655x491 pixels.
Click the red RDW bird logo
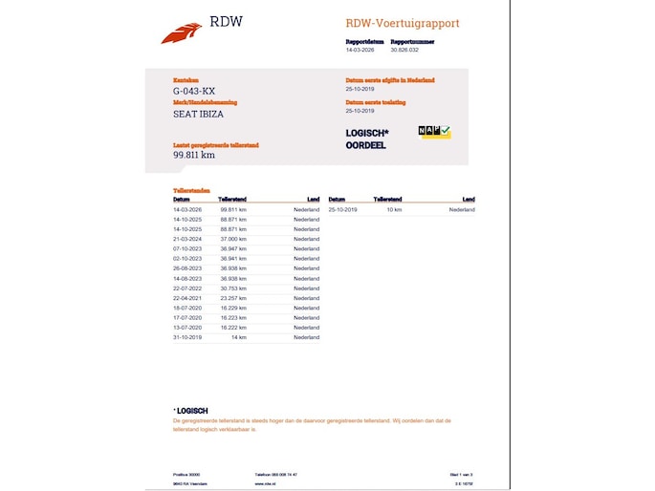(x=181, y=33)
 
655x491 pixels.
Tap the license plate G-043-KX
(x=194, y=91)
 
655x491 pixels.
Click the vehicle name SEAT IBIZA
(x=200, y=114)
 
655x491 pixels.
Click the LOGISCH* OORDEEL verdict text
(x=367, y=139)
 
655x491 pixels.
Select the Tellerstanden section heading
(x=190, y=191)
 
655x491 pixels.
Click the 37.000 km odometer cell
(x=233, y=239)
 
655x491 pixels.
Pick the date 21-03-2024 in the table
(x=187, y=239)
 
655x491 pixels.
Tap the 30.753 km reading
(x=233, y=288)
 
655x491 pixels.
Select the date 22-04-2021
(x=187, y=298)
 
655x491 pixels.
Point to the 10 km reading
(x=394, y=209)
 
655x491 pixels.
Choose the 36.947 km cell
(x=233, y=248)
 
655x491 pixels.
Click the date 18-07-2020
(x=187, y=309)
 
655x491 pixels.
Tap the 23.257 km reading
(x=233, y=298)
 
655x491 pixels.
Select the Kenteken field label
(x=186, y=80)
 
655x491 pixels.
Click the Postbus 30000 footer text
(x=186, y=474)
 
